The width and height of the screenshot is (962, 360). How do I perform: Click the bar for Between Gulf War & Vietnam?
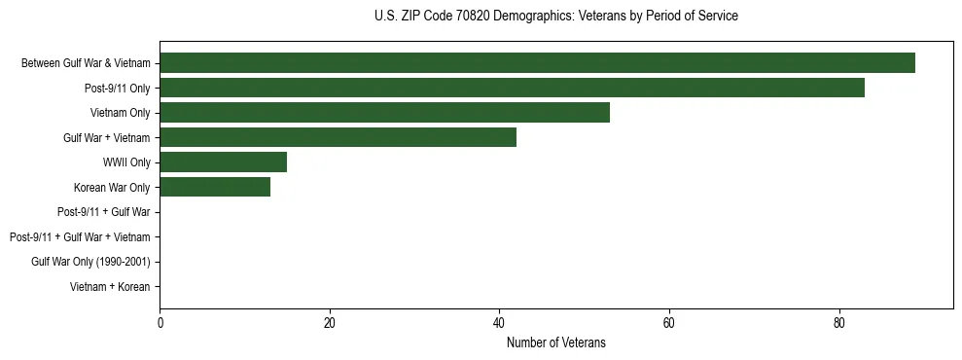coord(537,63)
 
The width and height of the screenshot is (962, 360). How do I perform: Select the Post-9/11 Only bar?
coord(512,89)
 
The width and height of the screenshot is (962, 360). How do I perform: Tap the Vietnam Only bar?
coord(384,113)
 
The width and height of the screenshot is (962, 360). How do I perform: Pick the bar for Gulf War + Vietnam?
coord(338,137)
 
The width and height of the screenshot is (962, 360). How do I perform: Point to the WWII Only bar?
coord(223,162)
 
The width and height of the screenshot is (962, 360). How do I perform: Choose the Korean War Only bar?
coord(215,187)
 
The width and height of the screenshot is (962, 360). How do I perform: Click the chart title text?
coord(555,17)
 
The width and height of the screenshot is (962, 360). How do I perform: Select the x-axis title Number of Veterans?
coord(555,342)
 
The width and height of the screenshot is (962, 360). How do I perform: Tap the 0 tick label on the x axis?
coord(160,324)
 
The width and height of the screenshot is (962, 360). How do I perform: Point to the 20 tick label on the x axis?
coord(330,324)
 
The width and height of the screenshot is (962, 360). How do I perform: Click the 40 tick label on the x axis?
coord(499,324)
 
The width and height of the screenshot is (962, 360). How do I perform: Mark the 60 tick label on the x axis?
coord(669,324)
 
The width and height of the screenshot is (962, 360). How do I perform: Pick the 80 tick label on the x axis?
coord(838,324)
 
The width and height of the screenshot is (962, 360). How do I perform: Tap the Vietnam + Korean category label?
coord(110,287)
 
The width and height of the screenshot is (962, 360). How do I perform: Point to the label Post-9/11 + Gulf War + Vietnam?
coord(80,237)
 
